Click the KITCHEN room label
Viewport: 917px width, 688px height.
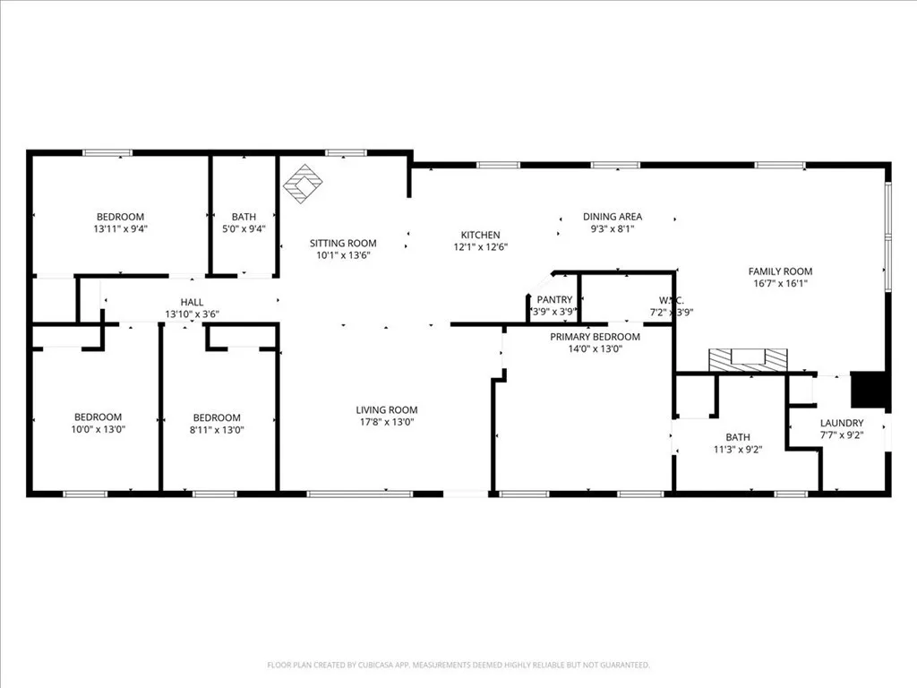click(x=480, y=235)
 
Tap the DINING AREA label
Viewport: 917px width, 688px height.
click(x=613, y=217)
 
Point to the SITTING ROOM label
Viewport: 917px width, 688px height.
click(x=343, y=243)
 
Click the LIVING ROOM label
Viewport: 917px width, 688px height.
click(x=386, y=410)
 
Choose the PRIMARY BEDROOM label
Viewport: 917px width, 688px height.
click(x=595, y=337)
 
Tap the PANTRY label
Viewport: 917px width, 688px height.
click(x=554, y=300)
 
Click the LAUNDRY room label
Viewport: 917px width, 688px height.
click(x=842, y=423)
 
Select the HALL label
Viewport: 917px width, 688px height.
click(x=192, y=303)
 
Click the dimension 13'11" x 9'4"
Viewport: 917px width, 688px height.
click(x=120, y=228)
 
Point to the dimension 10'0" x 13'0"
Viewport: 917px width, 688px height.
click(x=98, y=429)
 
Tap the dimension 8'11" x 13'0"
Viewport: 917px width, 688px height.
click(x=217, y=429)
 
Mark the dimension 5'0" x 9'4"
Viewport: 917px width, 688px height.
click(x=244, y=228)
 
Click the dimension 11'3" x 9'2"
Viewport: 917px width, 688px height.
click(x=738, y=449)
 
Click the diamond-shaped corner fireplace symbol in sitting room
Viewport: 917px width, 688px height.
click(x=303, y=184)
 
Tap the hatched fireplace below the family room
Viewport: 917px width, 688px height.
click(x=747, y=360)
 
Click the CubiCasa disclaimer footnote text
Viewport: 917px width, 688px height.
click(x=458, y=665)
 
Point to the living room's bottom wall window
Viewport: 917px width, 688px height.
click(x=360, y=494)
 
